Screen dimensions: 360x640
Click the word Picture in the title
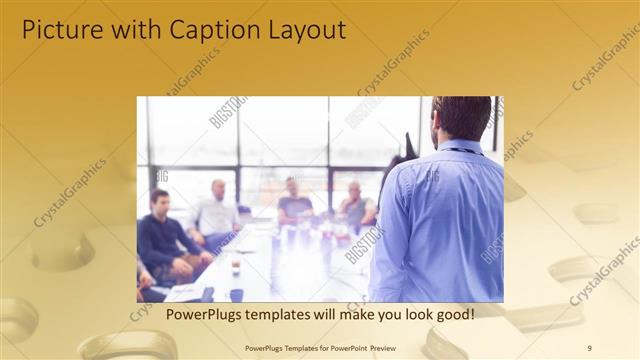tap(59, 30)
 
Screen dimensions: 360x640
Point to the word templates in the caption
tap(283, 314)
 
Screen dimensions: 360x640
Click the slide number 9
tap(589, 347)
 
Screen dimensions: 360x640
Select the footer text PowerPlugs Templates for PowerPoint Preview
tap(320, 347)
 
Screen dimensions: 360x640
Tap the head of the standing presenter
tap(461, 118)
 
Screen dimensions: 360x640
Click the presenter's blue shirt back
tap(445, 220)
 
